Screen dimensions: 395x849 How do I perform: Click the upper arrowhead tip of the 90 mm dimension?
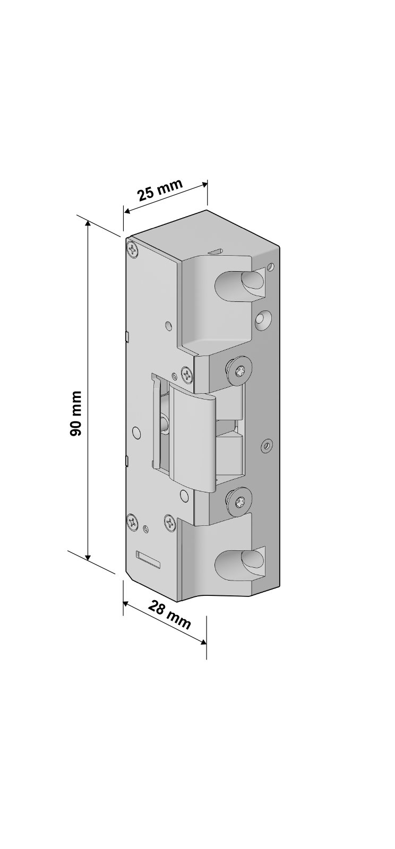pos(88,221)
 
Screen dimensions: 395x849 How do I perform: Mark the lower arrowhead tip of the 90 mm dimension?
pos(88,560)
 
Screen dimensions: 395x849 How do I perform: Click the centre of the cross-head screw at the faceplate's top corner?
pos(133,250)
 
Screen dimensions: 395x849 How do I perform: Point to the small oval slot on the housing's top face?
pos(217,251)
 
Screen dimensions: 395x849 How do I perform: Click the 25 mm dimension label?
pos(160,189)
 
